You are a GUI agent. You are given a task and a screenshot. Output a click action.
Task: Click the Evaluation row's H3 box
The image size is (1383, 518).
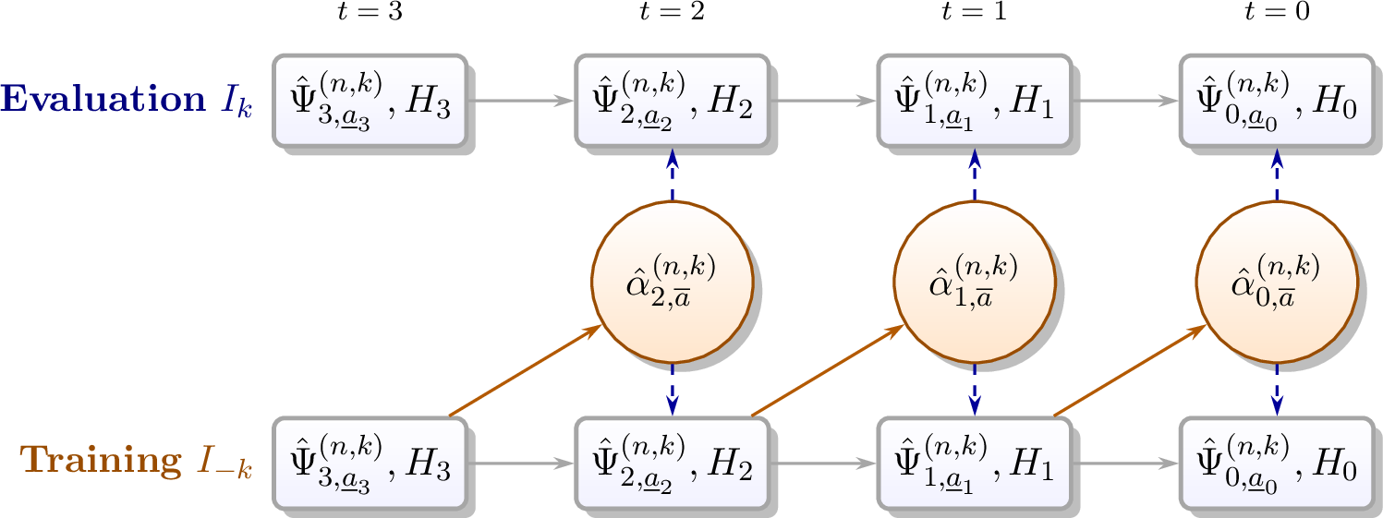coord(369,100)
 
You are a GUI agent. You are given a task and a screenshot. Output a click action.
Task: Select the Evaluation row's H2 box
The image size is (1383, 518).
coord(671,100)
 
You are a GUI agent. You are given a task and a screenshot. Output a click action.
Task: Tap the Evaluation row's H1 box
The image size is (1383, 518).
coord(974,100)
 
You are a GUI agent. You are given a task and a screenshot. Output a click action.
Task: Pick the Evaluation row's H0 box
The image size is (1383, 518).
coord(1276,100)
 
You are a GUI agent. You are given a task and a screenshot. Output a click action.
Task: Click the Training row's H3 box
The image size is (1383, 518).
coord(369,463)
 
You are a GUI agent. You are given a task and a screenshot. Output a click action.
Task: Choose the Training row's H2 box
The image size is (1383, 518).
coord(671,463)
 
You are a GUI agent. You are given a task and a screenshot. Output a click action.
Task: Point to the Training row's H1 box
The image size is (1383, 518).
coord(974,463)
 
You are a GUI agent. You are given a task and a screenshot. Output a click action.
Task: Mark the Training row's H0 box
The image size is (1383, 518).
coord(1276,463)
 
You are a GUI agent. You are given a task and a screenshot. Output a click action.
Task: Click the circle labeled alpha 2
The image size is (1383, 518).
coord(671,282)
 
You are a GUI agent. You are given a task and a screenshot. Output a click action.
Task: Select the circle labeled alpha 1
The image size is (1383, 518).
coord(974,282)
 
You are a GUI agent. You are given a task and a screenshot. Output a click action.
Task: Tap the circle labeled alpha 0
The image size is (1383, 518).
coord(1276,282)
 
